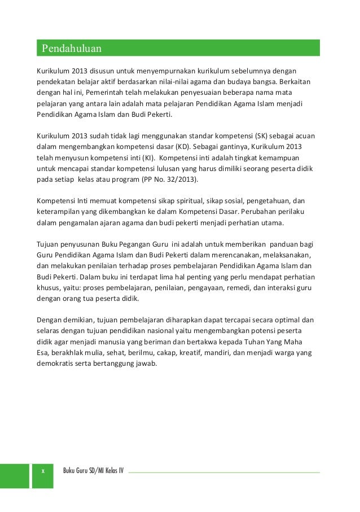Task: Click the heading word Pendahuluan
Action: pos(71,48)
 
